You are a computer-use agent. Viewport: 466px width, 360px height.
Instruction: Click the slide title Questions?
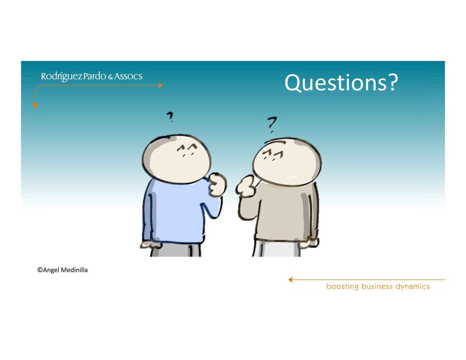341,83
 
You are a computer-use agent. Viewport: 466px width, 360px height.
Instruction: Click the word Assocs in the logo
128,77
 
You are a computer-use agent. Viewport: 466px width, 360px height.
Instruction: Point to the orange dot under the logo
35,105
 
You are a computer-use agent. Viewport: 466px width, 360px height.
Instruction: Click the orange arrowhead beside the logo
160,85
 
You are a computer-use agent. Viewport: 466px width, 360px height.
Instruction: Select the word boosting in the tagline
342,287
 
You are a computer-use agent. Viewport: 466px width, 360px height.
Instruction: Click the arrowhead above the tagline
291,279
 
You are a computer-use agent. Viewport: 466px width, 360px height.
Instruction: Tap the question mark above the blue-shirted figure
170,117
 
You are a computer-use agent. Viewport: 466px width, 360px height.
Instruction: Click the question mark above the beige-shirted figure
272,125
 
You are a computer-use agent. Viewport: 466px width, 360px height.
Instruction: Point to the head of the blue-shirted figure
176,159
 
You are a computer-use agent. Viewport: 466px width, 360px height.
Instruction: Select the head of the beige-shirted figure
287,162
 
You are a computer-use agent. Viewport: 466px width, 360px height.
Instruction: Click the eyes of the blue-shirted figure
187,150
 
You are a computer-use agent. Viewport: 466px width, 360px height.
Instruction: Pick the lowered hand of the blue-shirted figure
151,245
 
